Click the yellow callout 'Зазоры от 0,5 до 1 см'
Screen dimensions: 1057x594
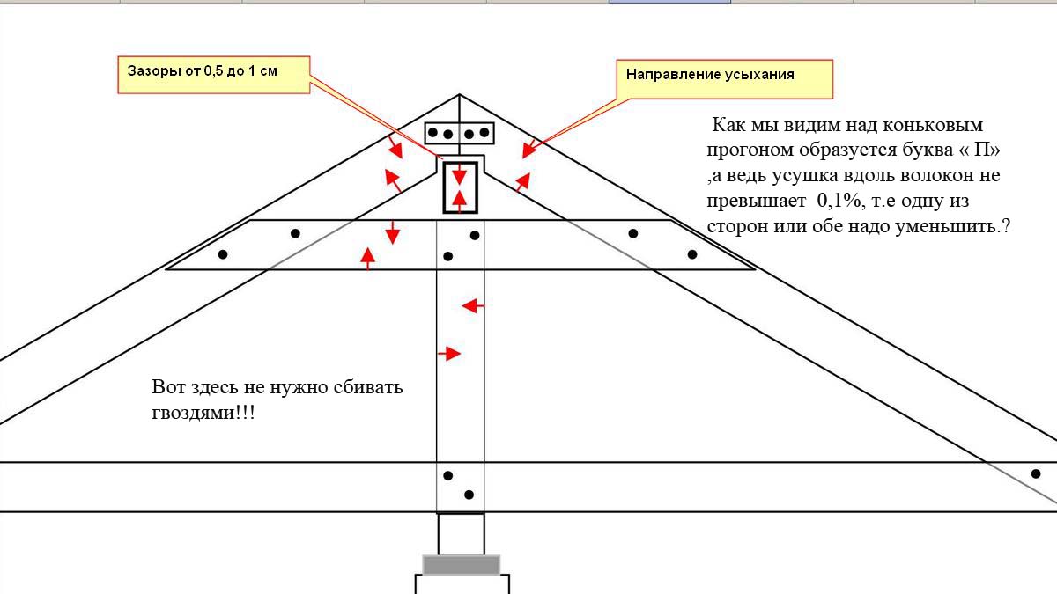[214, 75]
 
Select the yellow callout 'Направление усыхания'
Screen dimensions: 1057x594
[725, 79]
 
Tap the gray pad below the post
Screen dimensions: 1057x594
[461, 565]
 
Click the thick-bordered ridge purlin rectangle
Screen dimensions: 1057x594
[460, 187]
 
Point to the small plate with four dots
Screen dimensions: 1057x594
[459, 134]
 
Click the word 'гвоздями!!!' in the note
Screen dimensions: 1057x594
[203, 413]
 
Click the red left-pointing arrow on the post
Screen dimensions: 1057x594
[472, 306]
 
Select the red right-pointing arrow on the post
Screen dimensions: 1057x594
[448, 353]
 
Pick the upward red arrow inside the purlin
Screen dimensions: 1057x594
[460, 201]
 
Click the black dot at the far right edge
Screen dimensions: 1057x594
[1036, 473]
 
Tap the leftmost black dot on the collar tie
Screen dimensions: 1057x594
[223, 254]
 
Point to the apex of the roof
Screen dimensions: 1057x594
[459, 95]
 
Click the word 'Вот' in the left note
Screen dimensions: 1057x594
[168, 387]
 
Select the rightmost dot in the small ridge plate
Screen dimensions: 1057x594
[484, 133]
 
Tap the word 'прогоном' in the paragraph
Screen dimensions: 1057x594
[750, 150]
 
